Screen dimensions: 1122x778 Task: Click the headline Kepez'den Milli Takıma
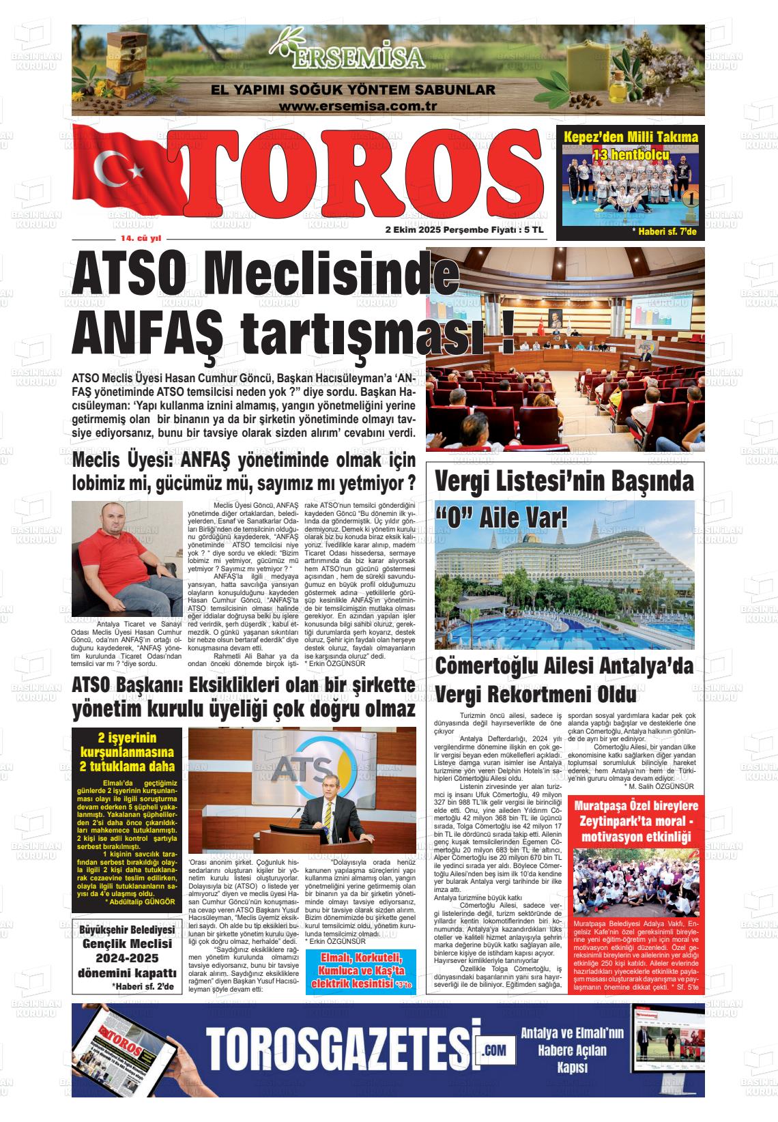630,137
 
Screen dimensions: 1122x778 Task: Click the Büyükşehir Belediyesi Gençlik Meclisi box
128,958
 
